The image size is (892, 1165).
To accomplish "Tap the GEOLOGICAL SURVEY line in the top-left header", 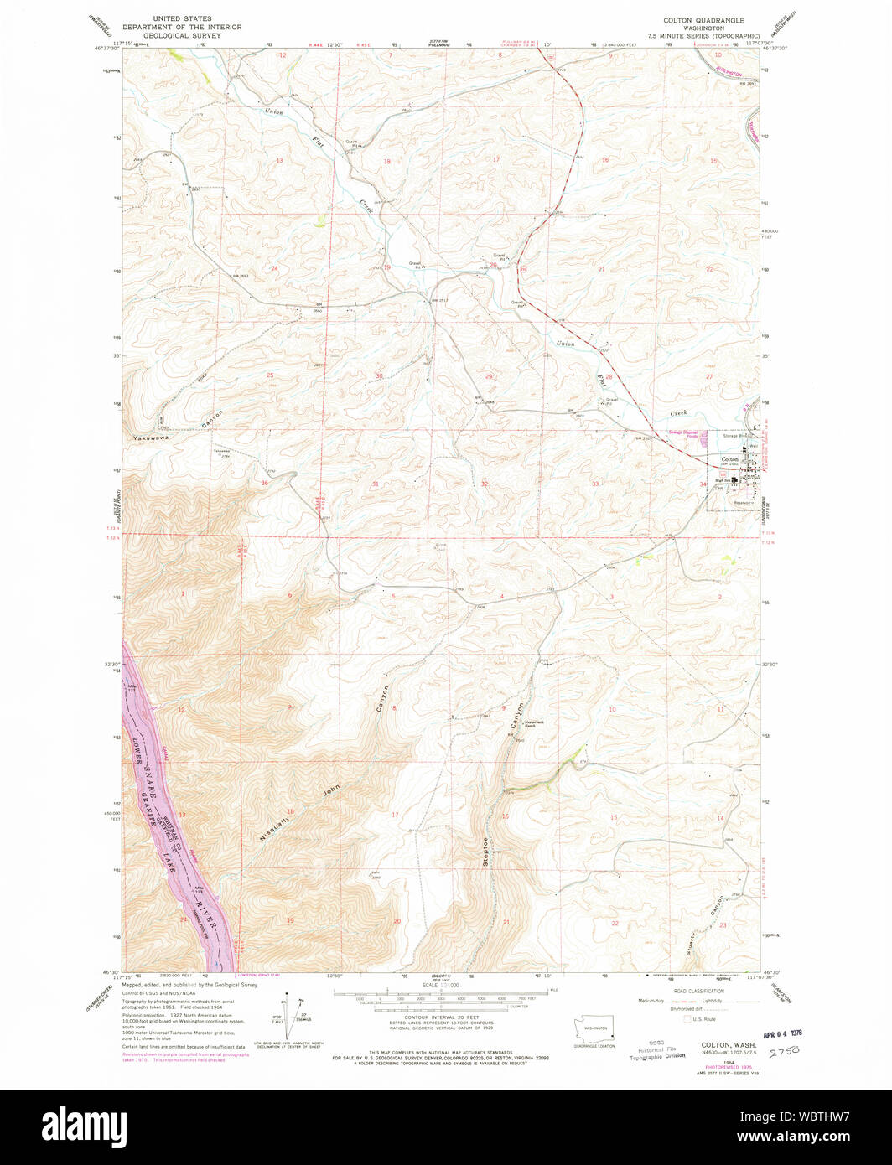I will pyautogui.click(x=182, y=36).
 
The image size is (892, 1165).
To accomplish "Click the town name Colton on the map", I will pyautogui.click(x=729, y=459).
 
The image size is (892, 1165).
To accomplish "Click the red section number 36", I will pyautogui.click(x=264, y=483).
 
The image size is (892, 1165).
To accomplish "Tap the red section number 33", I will pyautogui.click(x=594, y=484).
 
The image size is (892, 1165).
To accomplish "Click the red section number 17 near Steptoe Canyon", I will pyautogui.click(x=393, y=815).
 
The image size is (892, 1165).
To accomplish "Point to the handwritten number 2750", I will pyautogui.click(x=785, y=1048).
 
